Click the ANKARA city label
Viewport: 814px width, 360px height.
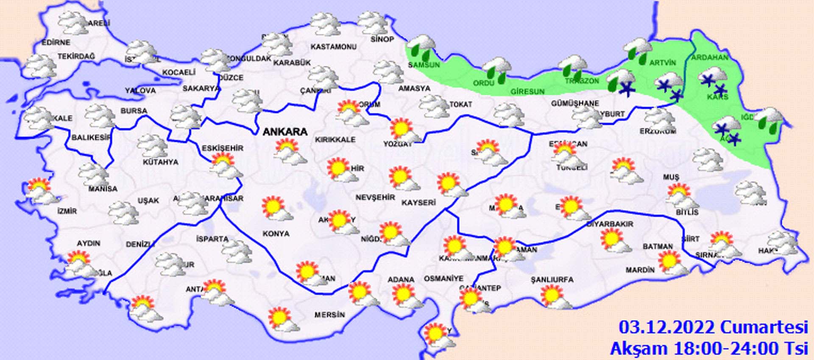tap(285, 132)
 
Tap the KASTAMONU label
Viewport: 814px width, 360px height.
tap(333, 47)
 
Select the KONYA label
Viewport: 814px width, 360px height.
tap(276, 234)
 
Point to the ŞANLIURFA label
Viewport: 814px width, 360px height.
tap(552, 279)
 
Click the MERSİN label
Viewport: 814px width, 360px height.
tap(329, 315)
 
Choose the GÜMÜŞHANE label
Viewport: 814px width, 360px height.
tap(575, 103)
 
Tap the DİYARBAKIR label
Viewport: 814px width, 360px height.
tap(610, 223)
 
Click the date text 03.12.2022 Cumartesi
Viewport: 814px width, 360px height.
tap(713, 328)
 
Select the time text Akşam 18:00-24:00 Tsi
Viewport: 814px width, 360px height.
tap(708, 349)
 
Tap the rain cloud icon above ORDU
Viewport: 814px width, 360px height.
tap(497, 70)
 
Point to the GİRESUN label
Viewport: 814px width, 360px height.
tap(527, 91)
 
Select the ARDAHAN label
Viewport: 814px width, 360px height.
tap(710, 57)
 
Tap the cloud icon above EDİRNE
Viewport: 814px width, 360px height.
tap(73, 23)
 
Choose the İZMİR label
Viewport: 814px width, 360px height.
tap(67, 211)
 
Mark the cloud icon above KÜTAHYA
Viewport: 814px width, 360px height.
tap(153, 146)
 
